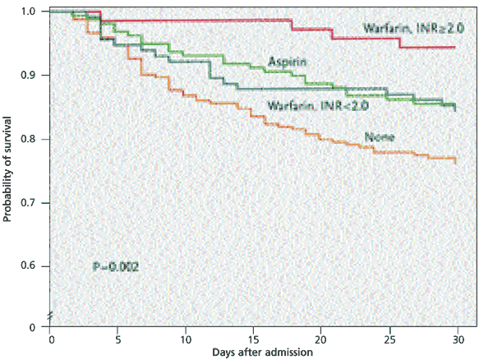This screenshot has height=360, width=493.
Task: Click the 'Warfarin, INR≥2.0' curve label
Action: click(x=414, y=29)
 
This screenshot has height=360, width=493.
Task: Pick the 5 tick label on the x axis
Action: click(x=118, y=338)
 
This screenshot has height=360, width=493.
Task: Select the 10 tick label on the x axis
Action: click(x=187, y=338)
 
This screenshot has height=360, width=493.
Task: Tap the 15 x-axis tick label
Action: click(x=255, y=338)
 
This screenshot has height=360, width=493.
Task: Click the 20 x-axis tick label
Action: click(x=322, y=338)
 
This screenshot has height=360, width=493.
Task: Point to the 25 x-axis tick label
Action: click(x=390, y=338)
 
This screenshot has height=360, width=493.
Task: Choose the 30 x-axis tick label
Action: click(x=458, y=338)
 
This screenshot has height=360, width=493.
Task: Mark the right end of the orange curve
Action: click(x=455, y=161)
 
